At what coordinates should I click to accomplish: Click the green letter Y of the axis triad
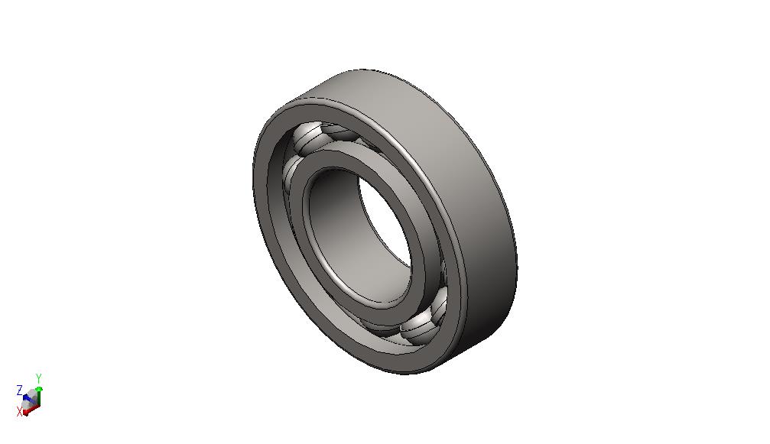pyautogui.click(x=38, y=378)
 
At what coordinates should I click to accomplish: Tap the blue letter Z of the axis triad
pyautogui.click(x=20, y=391)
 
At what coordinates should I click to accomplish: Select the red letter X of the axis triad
pyautogui.click(x=20, y=412)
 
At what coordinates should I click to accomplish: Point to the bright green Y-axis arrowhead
pyautogui.click(x=39, y=388)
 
